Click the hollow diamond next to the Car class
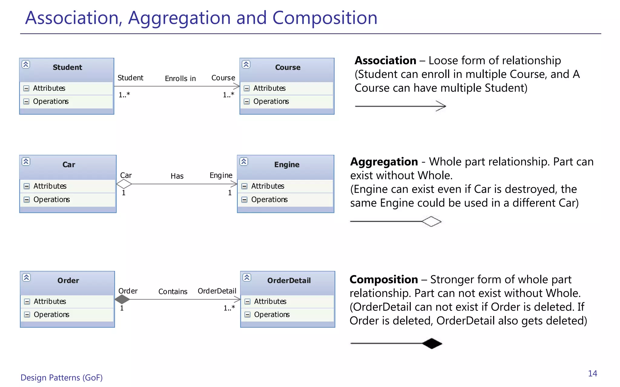click(x=124, y=184)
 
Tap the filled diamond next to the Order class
click(x=122, y=299)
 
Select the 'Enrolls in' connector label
click(x=180, y=79)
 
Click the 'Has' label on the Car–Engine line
click(x=177, y=176)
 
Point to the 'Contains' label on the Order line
click(x=173, y=291)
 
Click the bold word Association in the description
click(x=385, y=60)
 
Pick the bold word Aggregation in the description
click(x=384, y=162)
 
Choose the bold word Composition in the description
click(x=384, y=280)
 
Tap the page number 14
click(x=592, y=374)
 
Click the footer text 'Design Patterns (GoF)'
click(x=61, y=378)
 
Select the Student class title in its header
click(x=67, y=67)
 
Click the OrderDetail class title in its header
click(x=289, y=281)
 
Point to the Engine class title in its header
click(x=287, y=165)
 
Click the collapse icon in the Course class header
click(x=246, y=64)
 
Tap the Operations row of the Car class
click(x=52, y=200)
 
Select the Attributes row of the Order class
click(x=50, y=301)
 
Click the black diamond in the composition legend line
click(x=432, y=343)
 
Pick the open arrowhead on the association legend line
click(x=442, y=106)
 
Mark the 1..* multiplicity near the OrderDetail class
click(x=229, y=308)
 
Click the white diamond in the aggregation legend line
click(x=432, y=222)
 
